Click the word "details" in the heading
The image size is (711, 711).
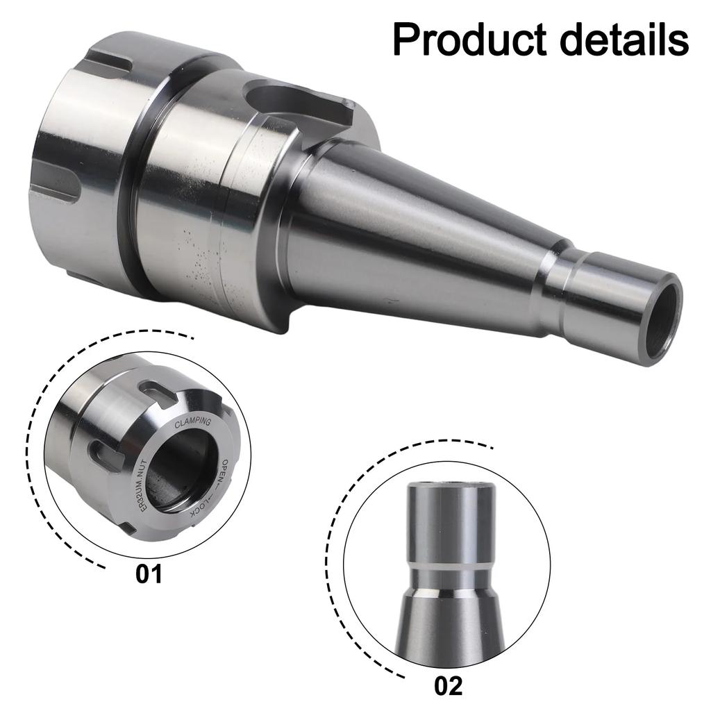point(621,40)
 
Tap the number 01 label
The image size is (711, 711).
point(149,574)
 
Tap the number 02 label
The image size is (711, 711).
point(447,685)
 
